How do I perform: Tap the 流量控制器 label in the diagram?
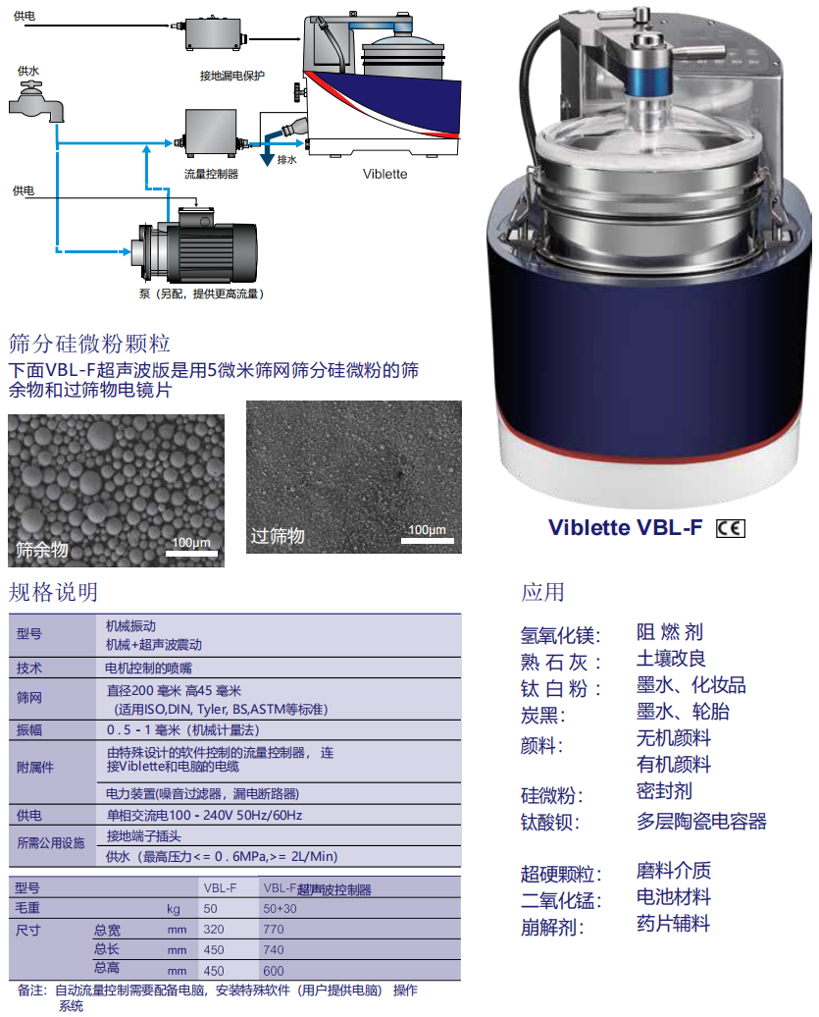pyautogui.click(x=211, y=174)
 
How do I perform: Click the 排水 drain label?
pyautogui.click(x=287, y=159)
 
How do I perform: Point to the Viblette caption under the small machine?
pyautogui.click(x=384, y=174)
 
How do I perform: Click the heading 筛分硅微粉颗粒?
pyautogui.click(x=90, y=344)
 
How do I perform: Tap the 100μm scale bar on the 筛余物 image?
pyautogui.click(x=191, y=548)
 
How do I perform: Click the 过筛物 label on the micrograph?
pyautogui.click(x=278, y=536)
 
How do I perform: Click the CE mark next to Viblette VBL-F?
pyautogui.click(x=731, y=528)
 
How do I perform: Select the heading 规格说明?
pyautogui.click(x=53, y=592)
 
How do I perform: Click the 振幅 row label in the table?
pyautogui.click(x=29, y=730)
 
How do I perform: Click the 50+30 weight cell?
pyautogui.click(x=280, y=909)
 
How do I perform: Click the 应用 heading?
pyautogui.click(x=543, y=592)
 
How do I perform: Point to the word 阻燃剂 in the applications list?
pyautogui.click(x=670, y=632)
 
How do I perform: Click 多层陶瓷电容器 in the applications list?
pyautogui.click(x=701, y=821)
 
